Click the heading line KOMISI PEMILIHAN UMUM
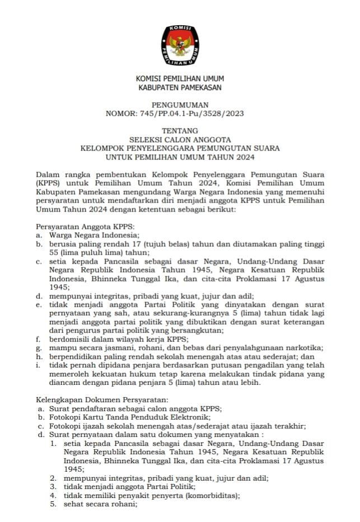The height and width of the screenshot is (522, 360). coord(180,79)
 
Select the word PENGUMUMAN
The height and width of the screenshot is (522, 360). coord(180,105)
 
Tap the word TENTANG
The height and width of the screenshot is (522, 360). coord(180,131)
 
